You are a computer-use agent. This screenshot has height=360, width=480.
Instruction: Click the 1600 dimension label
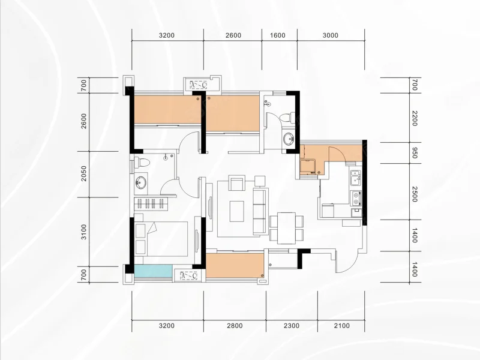click(x=278, y=35)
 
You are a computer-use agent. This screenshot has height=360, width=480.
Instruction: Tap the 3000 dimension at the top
click(x=331, y=35)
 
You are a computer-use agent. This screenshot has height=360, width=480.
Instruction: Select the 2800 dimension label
click(x=235, y=325)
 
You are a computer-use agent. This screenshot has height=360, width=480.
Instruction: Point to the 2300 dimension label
click(x=292, y=325)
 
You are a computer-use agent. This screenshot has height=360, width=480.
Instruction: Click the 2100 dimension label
click(x=341, y=325)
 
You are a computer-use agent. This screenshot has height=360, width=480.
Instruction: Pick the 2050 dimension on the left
click(x=83, y=173)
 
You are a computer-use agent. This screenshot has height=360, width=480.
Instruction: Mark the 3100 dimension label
click(x=83, y=232)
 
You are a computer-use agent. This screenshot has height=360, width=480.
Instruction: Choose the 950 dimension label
click(x=415, y=153)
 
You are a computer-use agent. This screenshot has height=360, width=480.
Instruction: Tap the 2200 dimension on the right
click(x=415, y=118)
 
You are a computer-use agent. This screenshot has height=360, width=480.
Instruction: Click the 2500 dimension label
click(x=415, y=194)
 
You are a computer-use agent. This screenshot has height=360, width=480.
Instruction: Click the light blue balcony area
click(x=153, y=271)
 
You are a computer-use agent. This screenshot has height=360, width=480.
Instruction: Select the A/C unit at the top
click(x=199, y=85)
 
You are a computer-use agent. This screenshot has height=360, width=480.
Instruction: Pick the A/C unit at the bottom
click(x=189, y=276)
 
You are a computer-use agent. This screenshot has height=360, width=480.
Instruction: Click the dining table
click(x=287, y=228)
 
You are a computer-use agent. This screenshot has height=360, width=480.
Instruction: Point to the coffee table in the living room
click(x=237, y=211)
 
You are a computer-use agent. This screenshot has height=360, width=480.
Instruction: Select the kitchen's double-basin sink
click(x=355, y=178)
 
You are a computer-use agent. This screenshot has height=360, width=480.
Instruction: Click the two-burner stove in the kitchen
click(x=356, y=198)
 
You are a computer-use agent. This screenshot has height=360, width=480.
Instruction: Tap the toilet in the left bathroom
click(x=142, y=162)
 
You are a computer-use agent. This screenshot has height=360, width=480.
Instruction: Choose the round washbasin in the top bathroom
click(x=289, y=139)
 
